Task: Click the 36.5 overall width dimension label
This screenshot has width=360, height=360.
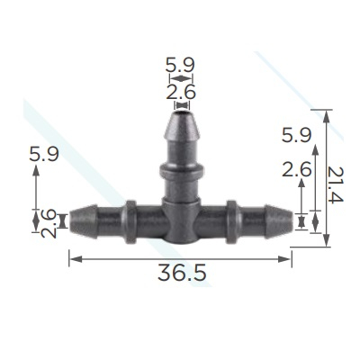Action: coord(182,273)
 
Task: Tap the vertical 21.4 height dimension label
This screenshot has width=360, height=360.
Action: coord(335,184)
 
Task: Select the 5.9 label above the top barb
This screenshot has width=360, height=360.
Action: coord(180,65)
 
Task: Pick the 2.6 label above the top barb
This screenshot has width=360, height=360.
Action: coord(181,92)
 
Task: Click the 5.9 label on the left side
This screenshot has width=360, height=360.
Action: coord(44,154)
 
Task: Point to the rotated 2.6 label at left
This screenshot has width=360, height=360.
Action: coord(49,224)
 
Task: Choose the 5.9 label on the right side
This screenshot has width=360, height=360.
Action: coord(297,135)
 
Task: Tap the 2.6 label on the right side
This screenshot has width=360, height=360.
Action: coord(297,170)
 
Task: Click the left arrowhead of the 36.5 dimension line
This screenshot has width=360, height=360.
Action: coord(76,259)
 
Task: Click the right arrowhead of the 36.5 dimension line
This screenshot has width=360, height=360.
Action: coord(284,259)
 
